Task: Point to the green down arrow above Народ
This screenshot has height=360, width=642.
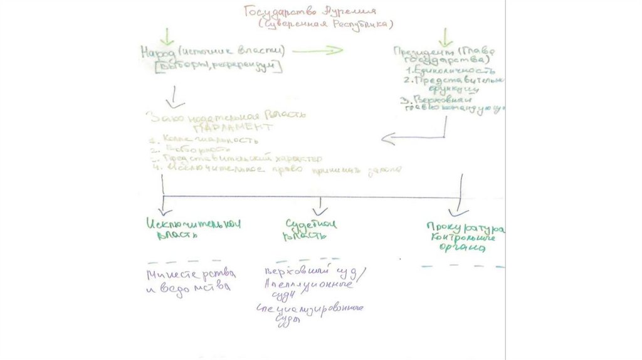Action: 167,35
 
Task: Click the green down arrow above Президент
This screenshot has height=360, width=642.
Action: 445,36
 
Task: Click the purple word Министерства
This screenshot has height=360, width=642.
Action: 191,275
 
